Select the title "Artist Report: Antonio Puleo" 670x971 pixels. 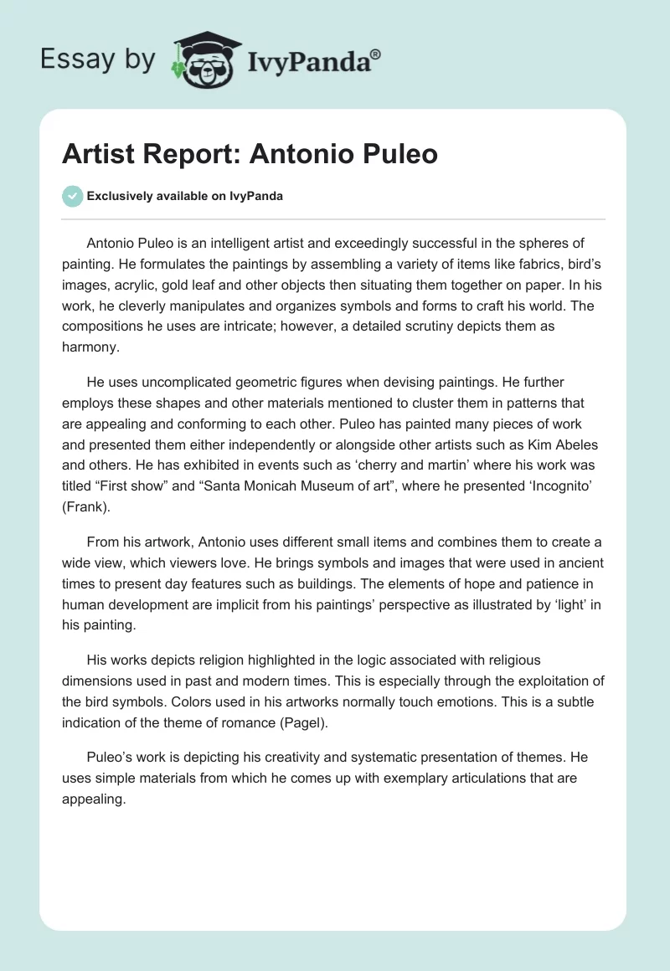(250, 154)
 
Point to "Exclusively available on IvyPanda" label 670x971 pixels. (185, 196)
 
